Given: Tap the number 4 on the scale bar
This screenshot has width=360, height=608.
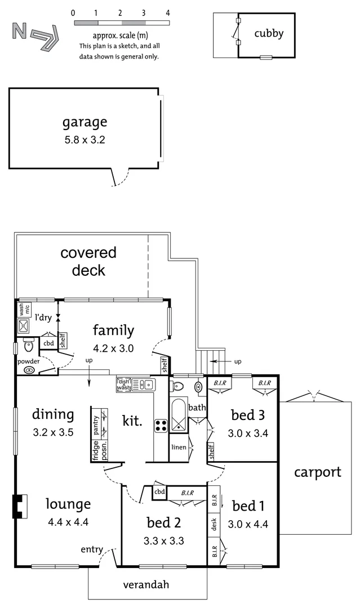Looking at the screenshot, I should pos(168,12).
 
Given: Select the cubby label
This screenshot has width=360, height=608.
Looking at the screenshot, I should pos(268,33).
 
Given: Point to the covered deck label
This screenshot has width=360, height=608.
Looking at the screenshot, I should pos(88,261).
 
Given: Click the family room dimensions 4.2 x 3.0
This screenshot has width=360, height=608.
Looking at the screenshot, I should pos(113,348).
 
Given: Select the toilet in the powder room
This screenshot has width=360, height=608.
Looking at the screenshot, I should pos(28,344).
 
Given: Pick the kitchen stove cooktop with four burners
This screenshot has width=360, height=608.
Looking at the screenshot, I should pos(161,426).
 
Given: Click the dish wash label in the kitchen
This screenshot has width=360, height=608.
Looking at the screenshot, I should pos(123,385).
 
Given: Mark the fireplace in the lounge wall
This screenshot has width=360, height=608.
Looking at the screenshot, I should pos(19,506).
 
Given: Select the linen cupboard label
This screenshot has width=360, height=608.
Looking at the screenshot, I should pos(179,448).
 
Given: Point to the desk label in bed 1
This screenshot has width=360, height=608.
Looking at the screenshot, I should pos(215,525).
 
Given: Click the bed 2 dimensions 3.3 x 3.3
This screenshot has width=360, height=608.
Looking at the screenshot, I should pos(164,541).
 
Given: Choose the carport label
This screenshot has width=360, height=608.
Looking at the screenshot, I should pos(317,472).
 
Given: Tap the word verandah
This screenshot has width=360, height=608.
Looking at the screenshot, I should pos(146,584).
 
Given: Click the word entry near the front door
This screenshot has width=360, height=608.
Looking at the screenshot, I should pos(91,549).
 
